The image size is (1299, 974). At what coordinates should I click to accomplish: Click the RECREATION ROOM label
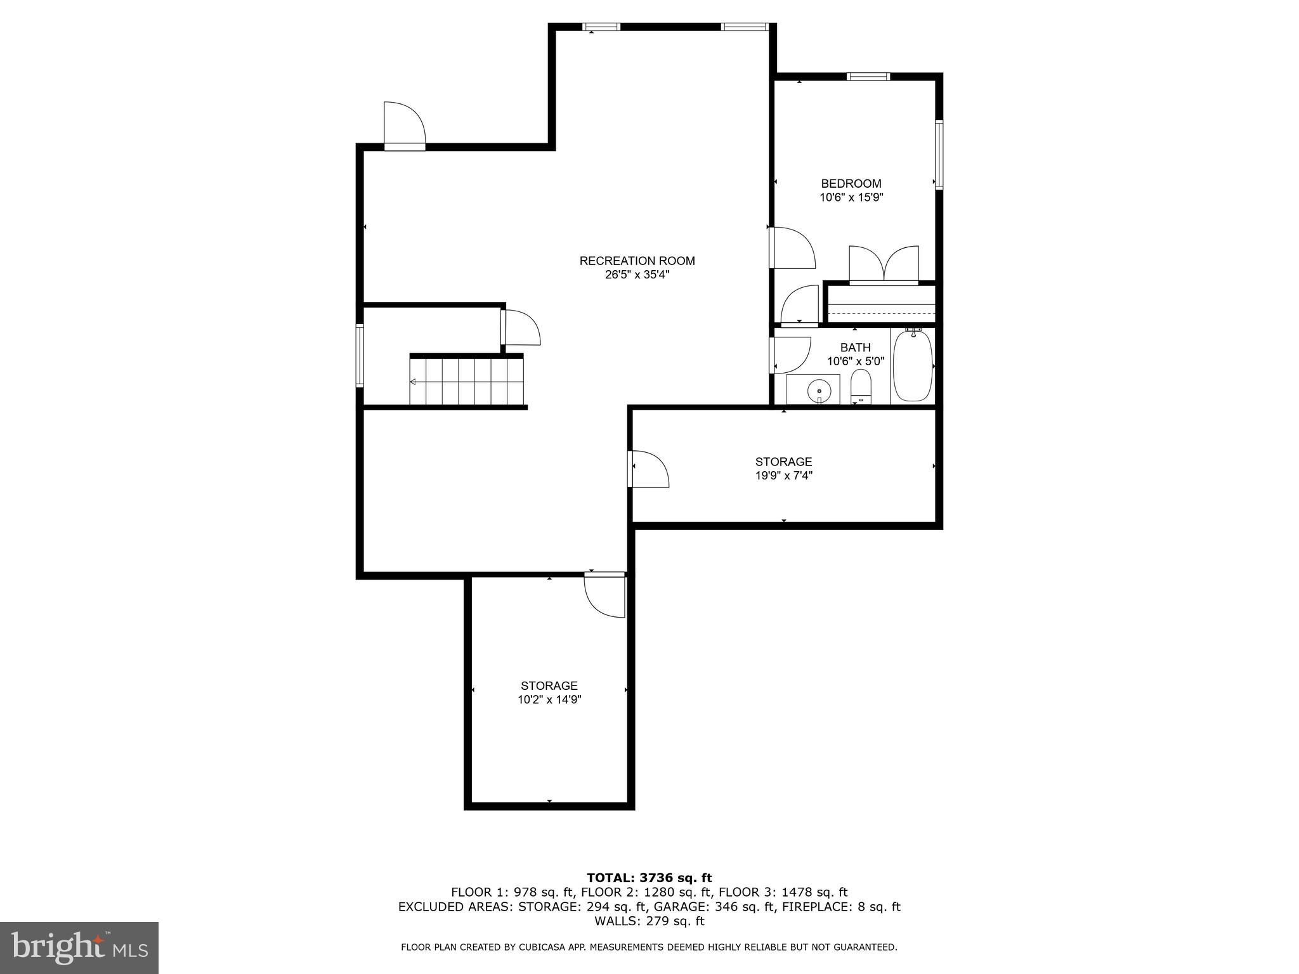click(637, 261)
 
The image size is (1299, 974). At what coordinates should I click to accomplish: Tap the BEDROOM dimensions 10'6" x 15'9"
click(851, 197)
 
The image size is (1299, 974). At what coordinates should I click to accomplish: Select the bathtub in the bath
click(913, 365)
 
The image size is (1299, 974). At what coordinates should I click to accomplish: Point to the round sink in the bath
click(819, 389)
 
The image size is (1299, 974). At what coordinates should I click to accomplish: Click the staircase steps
click(467, 380)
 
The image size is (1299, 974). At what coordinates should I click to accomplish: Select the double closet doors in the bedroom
click(884, 265)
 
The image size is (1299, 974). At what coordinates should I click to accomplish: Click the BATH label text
click(855, 347)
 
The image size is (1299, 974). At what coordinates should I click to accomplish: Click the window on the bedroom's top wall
click(868, 77)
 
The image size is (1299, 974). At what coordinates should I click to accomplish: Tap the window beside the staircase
click(360, 355)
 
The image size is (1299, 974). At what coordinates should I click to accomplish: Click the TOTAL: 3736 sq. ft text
click(649, 878)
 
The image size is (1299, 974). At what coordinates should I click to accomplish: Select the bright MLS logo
click(79, 947)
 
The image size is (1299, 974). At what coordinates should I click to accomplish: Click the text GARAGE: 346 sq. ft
click(714, 907)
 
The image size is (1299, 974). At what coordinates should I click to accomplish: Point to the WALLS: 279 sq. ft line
click(649, 921)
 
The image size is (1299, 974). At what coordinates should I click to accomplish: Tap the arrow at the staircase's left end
click(413, 382)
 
